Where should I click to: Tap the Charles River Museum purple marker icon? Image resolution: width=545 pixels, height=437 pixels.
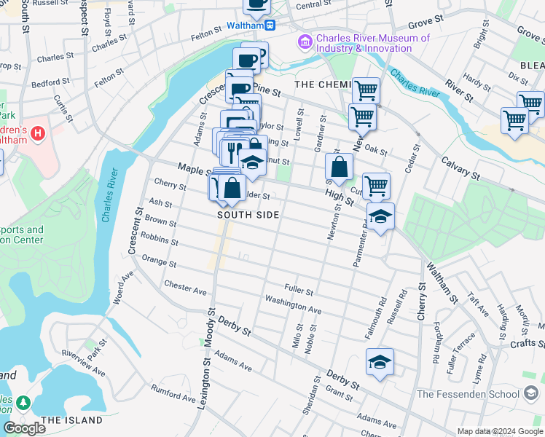click(x=304, y=43)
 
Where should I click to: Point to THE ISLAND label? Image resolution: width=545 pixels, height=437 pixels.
click(x=71, y=420)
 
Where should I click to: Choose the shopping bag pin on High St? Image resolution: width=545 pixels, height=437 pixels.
click(x=340, y=167)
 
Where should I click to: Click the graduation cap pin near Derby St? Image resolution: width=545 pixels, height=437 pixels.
click(x=380, y=363)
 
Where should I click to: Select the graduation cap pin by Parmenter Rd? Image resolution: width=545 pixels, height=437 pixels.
click(x=380, y=216)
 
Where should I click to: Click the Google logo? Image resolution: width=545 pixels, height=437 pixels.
click(x=25, y=428)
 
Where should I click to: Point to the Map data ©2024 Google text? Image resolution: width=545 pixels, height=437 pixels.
click(x=499, y=431)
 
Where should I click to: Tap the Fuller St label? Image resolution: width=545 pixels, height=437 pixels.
click(x=299, y=291)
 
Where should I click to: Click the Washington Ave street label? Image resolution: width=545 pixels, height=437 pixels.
click(x=293, y=304)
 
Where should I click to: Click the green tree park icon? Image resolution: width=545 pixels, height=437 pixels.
click(x=23, y=401)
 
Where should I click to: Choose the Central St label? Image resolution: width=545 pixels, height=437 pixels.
click(x=314, y=5)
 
